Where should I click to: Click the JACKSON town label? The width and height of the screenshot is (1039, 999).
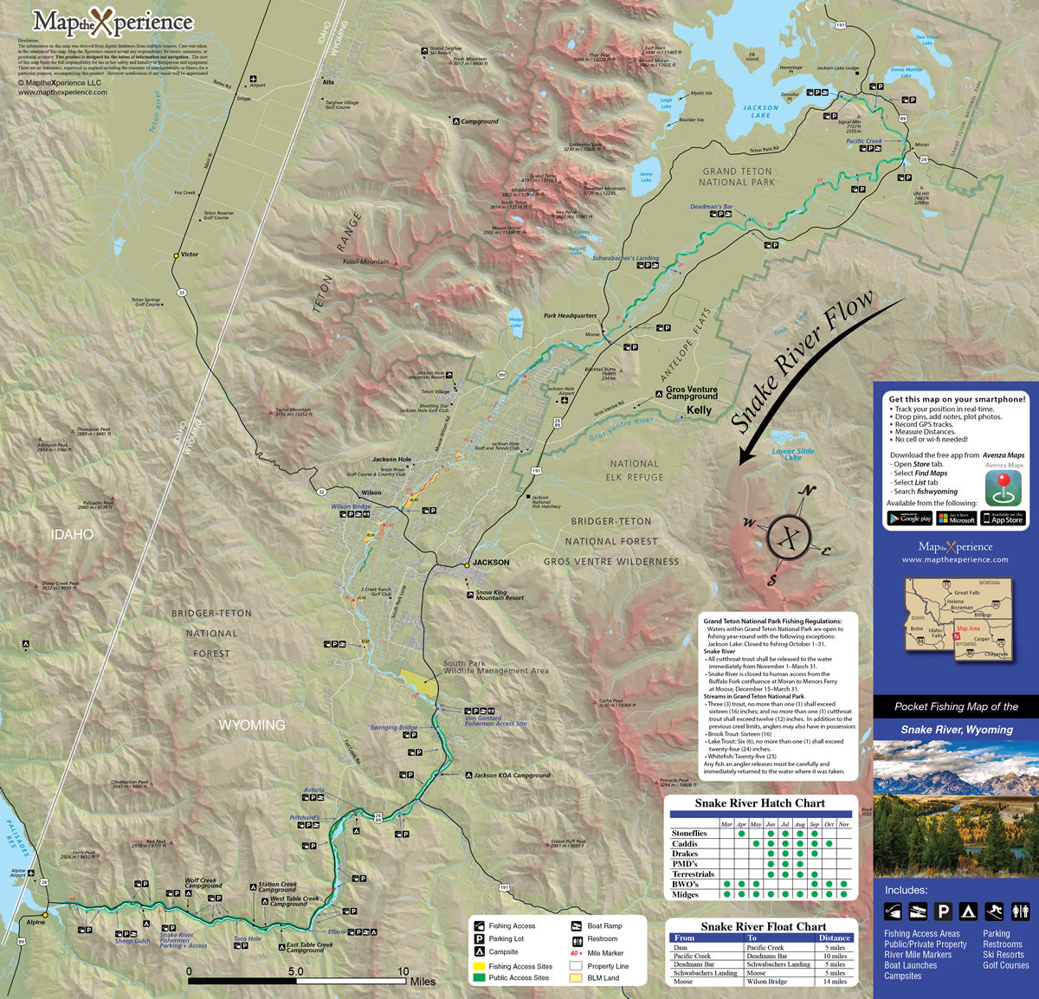[491, 563]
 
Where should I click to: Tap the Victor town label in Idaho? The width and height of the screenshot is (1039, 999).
[189, 255]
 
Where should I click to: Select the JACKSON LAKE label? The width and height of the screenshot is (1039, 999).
[760, 112]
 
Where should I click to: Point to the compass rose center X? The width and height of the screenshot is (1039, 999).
[789, 538]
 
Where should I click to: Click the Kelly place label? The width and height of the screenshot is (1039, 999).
[699, 410]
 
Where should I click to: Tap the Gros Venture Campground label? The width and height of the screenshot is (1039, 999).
[691, 393]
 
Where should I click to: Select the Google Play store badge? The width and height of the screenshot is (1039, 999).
[909, 519]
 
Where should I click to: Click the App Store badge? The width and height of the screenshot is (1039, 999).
[1004, 519]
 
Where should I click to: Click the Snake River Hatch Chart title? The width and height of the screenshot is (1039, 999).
[759, 803]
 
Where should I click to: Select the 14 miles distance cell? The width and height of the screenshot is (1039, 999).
[834, 982]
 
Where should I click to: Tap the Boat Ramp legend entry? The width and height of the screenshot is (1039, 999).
[604, 926]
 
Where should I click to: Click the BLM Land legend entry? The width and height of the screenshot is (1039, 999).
[603, 978]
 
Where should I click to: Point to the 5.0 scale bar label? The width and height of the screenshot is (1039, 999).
[295, 971]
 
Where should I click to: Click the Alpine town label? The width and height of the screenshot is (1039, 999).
[35, 923]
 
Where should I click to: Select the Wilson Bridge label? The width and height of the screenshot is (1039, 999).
[351, 506]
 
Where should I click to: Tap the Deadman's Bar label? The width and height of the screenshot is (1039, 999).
[711, 208]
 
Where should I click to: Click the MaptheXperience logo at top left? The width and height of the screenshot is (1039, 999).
[113, 22]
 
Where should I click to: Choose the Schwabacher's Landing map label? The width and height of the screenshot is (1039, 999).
[625, 258]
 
